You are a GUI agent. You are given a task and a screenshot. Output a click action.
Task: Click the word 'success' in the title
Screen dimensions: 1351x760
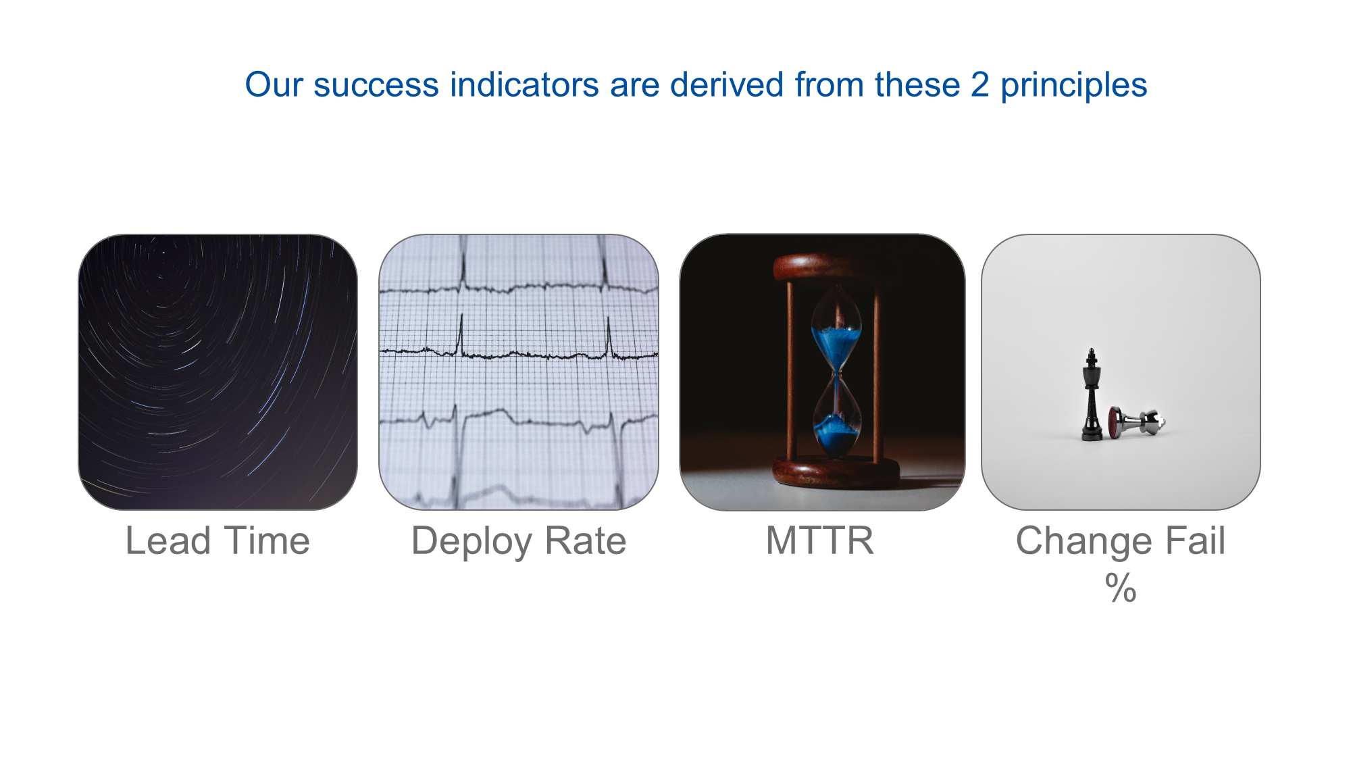tap(376, 86)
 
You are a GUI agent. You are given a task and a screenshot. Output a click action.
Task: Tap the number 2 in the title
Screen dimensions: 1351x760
tap(980, 85)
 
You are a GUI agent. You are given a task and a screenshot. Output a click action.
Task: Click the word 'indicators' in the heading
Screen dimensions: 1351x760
tap(525, 85)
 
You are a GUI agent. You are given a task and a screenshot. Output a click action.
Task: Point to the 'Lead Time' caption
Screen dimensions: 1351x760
tap(218, 541)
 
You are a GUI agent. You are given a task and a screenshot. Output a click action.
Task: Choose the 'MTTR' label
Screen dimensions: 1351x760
tap(820, 541)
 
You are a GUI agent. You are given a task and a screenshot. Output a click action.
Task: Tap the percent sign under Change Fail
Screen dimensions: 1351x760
tap(1121, 587)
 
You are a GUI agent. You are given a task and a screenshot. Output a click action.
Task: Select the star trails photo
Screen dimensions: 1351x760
tap(218, 372)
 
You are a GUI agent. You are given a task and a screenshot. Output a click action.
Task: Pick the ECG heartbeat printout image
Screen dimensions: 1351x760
tap(519, 372)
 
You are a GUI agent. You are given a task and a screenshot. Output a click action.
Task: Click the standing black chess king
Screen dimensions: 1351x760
tap(1092, 395)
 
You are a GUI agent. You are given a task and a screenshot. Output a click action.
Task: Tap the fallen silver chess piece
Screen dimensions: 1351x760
tap(1137, 422)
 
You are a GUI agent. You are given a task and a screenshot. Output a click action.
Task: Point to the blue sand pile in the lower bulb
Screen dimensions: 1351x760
tap(836, 432)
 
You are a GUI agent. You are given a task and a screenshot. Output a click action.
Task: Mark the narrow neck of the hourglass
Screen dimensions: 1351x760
tap(837, 373)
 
